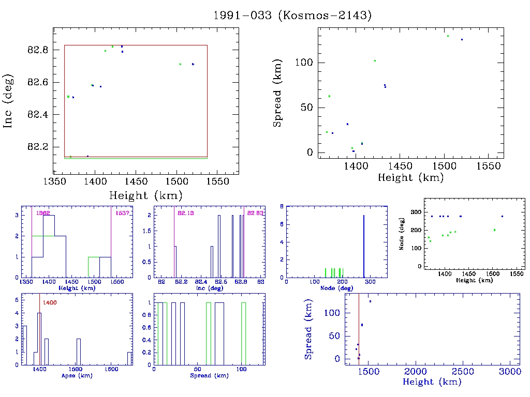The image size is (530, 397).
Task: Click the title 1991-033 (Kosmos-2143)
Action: pos(293,16)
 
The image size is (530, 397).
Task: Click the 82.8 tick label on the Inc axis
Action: pos(38,50)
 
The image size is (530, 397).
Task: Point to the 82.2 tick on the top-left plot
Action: pos(38,147)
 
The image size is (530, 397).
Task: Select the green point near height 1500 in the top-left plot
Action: pos(180,64)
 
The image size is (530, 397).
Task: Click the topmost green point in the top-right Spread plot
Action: pos(448,36)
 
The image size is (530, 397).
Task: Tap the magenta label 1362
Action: pos(42,213)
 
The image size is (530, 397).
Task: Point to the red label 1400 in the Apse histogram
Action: pos(50,302)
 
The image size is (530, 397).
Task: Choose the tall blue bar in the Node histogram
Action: pos(364,247)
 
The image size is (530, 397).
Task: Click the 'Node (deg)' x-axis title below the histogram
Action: pos(337,288)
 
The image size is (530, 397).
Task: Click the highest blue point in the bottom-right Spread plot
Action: pos(370,301)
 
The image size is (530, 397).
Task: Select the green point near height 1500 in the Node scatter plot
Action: pos(494,230)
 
